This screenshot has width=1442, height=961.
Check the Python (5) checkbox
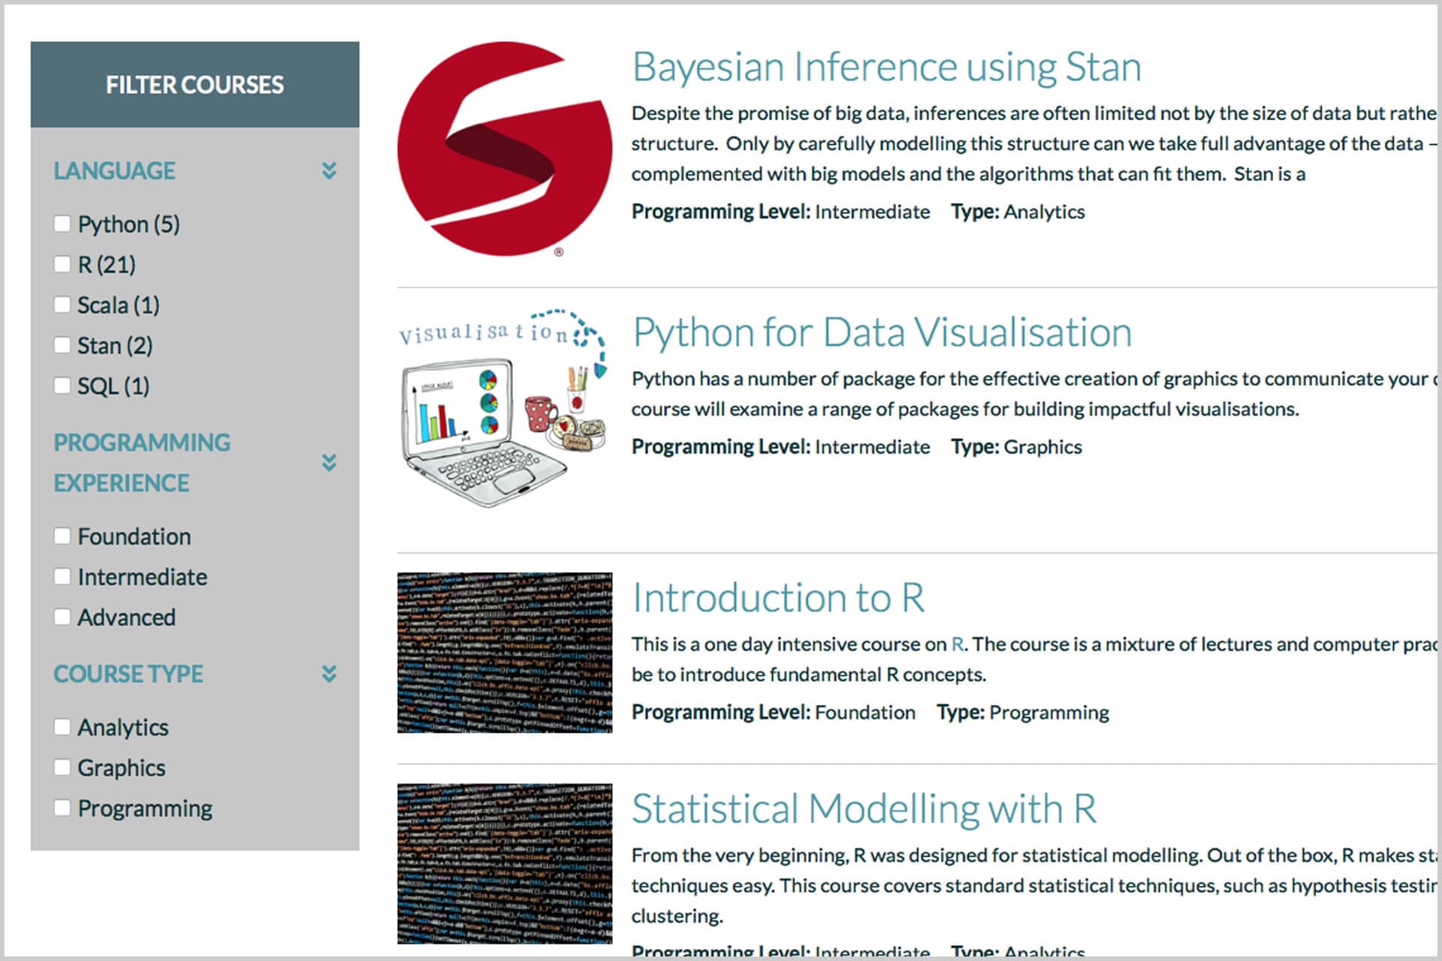(x=62, y=224)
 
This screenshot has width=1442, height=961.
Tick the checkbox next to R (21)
(x=62, y=264)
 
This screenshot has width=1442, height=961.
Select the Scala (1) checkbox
(x=62, y=305)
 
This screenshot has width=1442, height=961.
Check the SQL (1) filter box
(x=62, y=386)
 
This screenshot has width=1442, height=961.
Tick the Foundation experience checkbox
(x=62, y=536)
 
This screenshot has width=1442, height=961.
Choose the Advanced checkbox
(x=62, y=617)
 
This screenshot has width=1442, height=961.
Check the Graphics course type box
(x=62, y=767)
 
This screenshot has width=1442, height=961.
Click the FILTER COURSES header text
(x=195, y=85)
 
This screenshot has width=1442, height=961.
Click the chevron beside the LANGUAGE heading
(x=329, y=170)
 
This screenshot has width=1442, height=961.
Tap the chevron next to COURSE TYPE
(x=329, y=673)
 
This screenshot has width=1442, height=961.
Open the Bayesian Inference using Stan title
(x=886, y=67)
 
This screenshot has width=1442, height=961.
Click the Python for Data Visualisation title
(x=882, y=333)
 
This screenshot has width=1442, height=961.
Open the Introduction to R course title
(x=778, y=598)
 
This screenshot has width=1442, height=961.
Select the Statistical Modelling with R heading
(x=864, y=809)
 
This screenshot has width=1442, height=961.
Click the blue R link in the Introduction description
(x=958, y=644)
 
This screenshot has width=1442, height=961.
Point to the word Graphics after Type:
(x=1042, y=447)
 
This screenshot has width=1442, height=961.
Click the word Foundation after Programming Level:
(x=864, y=712)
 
